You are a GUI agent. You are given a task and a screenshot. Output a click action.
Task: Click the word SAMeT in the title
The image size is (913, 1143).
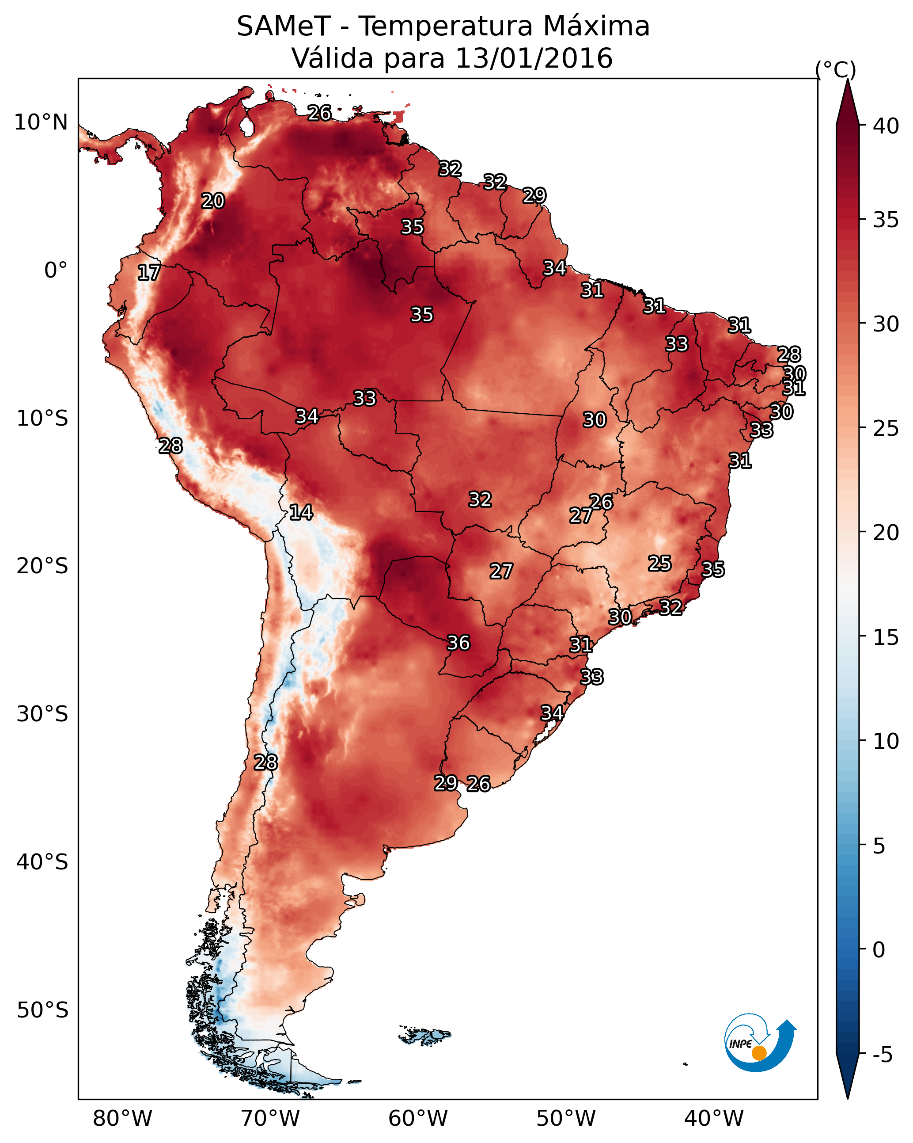(x=284, y=27)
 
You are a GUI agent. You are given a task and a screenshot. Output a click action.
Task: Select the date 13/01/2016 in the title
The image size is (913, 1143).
(x=534, y=58)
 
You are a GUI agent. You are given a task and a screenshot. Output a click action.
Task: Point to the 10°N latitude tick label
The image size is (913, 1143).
(x=41, y=122)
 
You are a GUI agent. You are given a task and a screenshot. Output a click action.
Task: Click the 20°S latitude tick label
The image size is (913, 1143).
(x=42, y=566)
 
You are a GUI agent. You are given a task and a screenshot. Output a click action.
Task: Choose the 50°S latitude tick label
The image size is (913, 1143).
(x=42, y=1010)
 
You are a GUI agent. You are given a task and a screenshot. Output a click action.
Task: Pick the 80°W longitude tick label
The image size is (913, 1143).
(x=122, y=1118)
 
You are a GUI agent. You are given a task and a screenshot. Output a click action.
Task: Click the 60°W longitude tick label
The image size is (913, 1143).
(x=418, y=1118)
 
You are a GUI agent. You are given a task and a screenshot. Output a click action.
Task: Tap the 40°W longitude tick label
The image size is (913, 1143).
(x=714, y=1118)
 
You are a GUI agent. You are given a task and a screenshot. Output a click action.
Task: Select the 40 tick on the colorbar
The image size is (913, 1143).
(x=886, y=126)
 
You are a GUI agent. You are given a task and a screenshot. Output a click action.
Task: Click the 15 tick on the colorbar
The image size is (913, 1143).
(x=886, y=637)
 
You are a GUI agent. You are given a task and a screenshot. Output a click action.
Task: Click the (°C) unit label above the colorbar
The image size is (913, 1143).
(x=836, y=70)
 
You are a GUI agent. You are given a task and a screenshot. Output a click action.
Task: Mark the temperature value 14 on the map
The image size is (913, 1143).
(x=301, y=512)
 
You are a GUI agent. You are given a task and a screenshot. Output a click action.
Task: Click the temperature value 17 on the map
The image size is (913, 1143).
(x=149, y=273)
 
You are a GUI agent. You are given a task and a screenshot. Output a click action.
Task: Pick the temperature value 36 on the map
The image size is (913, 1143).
(x=458, y=643)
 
